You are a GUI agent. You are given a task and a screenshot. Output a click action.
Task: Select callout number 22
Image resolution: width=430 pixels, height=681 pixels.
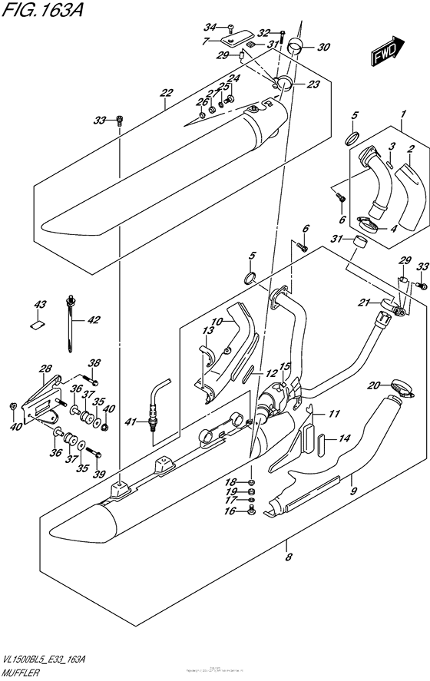[x=165, y=94]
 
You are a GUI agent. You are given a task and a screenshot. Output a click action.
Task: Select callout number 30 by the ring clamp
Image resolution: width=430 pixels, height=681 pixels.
[x=324, y=47]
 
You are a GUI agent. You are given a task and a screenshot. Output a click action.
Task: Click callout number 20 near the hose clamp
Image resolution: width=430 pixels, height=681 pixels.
[x=374, y=385]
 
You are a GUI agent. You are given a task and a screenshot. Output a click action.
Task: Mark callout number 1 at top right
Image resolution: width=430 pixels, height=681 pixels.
[x=402, y=116]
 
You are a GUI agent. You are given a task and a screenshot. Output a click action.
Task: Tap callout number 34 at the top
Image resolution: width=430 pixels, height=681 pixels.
[x=211, y=28]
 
